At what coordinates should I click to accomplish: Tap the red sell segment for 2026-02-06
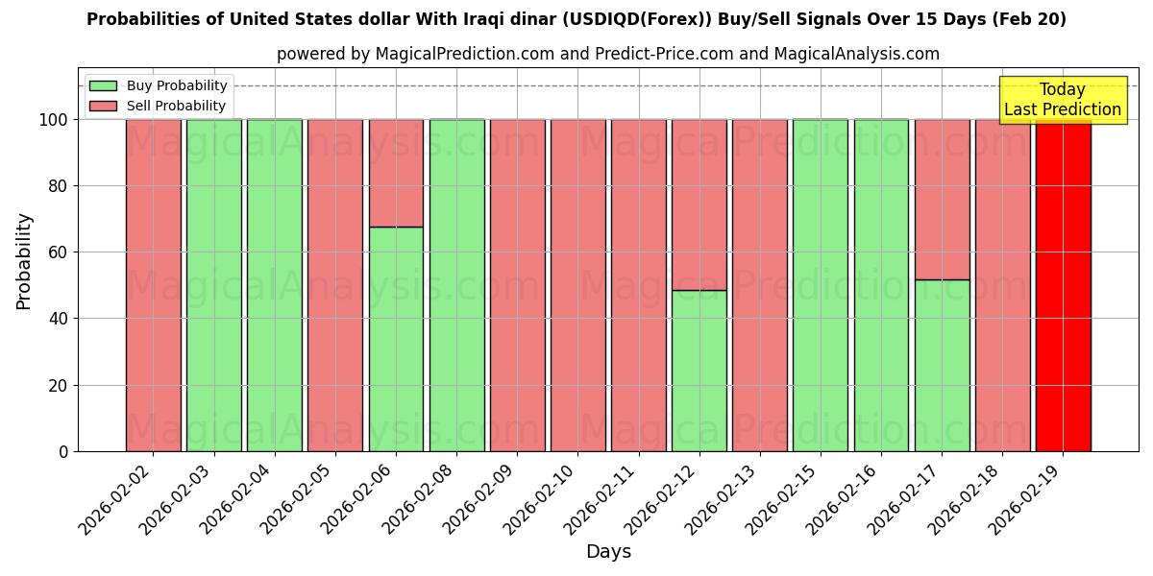point(396,173)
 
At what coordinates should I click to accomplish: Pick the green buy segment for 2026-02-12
point(699,371)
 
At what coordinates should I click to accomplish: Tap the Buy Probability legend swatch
point(103,86)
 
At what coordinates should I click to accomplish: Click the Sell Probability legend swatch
point(103,107)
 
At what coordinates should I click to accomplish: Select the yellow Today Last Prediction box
point(1062,100)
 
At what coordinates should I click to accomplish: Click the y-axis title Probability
point(24,261)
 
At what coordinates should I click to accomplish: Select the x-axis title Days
point(608,552)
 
